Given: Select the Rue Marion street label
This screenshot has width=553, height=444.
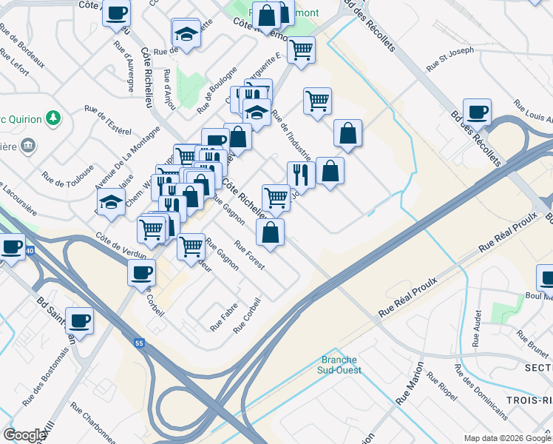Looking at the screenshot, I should [410, 383].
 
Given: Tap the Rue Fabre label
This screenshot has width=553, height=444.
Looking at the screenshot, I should [224, 317].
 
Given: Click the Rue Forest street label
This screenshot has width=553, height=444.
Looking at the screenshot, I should [249, 255].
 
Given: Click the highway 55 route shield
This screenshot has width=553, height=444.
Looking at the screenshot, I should [139, 343].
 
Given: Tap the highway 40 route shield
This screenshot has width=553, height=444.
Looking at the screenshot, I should [29, 252].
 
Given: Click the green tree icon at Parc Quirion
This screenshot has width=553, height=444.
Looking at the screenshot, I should [52, 118].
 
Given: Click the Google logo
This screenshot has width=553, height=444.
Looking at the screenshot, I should [24, 435].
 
